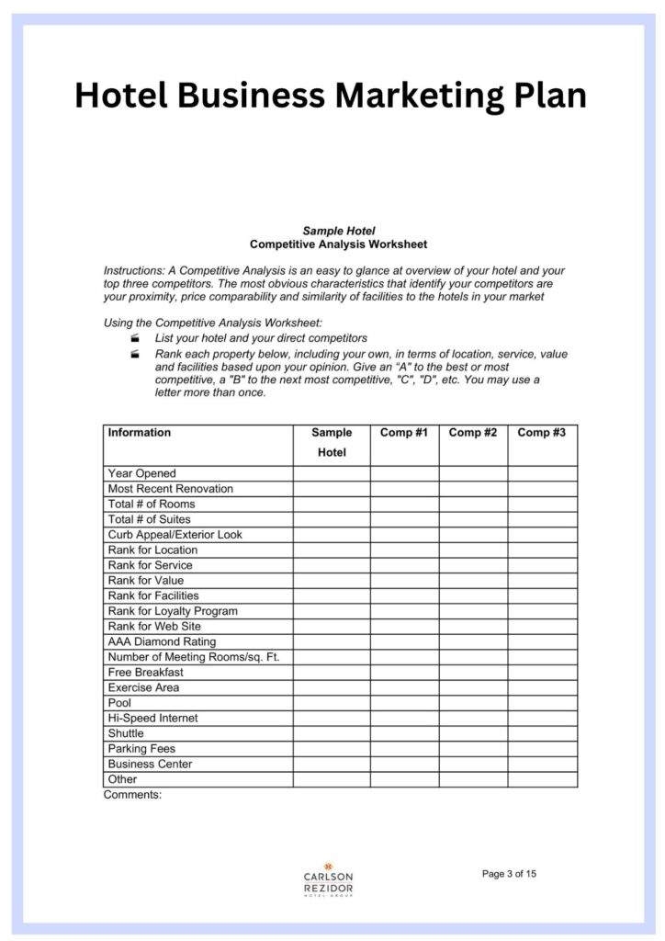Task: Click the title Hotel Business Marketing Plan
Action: [331, 95]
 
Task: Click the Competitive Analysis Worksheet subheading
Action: [338, 244]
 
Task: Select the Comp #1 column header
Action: [404, 433]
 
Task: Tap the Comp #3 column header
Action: [542, 433]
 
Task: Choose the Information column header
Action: [140, 433]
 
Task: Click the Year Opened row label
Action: [141, 473]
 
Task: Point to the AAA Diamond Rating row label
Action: [163, 641]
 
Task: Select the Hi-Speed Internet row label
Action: [152, 718]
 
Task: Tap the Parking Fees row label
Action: [141, 749]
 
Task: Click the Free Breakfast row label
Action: [145, 672]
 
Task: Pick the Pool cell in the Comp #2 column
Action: [473, 703]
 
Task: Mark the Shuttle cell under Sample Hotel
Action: [332, 733]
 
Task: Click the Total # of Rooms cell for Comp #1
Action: [404, 504]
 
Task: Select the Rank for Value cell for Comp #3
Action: [542, 581]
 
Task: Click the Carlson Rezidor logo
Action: [328, 879]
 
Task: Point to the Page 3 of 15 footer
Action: [509, 874]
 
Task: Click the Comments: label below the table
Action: [132, 795]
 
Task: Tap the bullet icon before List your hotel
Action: [135, 339]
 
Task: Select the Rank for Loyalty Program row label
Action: [173, 611]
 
